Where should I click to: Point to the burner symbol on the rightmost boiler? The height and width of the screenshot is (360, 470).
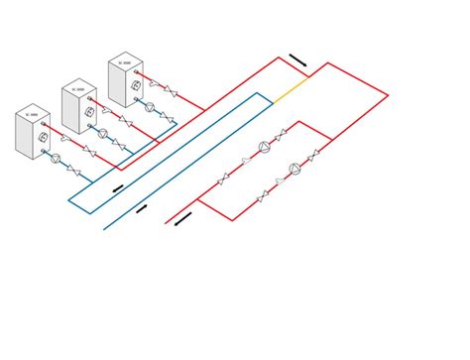click(134, 86)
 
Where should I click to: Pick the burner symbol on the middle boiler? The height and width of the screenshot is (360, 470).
click(89, 114)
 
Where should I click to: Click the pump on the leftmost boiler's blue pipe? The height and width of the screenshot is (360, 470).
click(59, 157)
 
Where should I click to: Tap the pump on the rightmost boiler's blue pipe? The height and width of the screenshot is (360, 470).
click(150, 104)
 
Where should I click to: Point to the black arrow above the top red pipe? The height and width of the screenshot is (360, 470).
click(298, 61)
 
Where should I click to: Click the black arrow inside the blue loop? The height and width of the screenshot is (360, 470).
click(119, 187)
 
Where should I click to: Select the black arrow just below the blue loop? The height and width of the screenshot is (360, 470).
click(142, 208)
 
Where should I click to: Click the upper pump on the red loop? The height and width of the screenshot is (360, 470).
click(265, 148)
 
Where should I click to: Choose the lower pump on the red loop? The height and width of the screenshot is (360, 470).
click(294, 169)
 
